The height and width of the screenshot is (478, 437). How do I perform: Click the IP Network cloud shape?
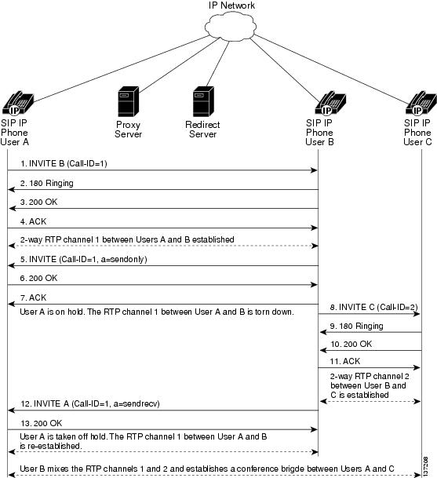(x=230, y=27)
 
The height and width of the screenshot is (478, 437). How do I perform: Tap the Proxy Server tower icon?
(x=129, y=101)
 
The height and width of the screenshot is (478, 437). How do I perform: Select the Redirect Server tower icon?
(x=203, y=101)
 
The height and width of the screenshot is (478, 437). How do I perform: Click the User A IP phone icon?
(x=18, y=103)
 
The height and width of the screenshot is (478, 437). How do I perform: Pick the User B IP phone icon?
(x=330, y=103)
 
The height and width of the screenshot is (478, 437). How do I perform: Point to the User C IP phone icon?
(x=421, y=103)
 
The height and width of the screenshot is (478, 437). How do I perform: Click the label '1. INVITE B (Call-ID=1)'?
(x=64, y=164)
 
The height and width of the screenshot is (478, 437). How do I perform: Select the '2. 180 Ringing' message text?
(x=46, y=183)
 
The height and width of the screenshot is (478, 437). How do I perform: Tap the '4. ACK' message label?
(x=33, y=221)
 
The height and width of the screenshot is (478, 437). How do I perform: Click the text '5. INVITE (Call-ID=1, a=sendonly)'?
(x=83, y=259)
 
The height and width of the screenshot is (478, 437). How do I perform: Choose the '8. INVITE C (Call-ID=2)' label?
(x=374, y=307)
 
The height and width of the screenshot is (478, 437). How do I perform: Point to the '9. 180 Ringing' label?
(x=356, y=326)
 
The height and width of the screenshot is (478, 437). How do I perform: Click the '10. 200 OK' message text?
(x=351, y=344)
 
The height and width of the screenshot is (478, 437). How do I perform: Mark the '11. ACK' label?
(x=345, y=361)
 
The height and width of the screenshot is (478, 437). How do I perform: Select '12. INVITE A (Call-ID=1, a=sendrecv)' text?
(x=90, y=403)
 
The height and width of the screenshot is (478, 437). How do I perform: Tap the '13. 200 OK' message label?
(x=41, y=423)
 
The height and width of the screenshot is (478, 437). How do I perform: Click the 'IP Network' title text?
(x=231, y=5)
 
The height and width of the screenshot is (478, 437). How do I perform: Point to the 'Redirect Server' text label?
(x=202, y=130)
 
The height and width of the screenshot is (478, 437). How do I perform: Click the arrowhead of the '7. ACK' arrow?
(x=12, y=304)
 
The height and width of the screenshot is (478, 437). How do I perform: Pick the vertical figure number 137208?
(x=425, y=466)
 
